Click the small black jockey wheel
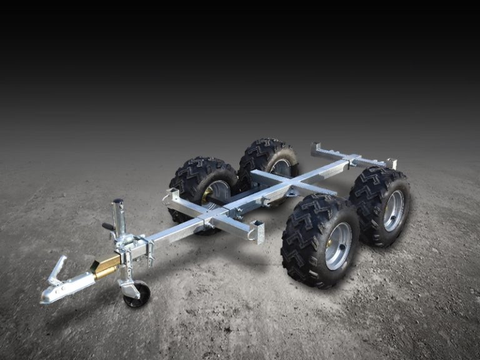(x=136, y=294)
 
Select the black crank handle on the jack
(x=108, y=226)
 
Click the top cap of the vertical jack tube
(x=117, y=202)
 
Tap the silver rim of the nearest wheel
(x=338, y=246)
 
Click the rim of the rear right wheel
(x=393, y=211)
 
